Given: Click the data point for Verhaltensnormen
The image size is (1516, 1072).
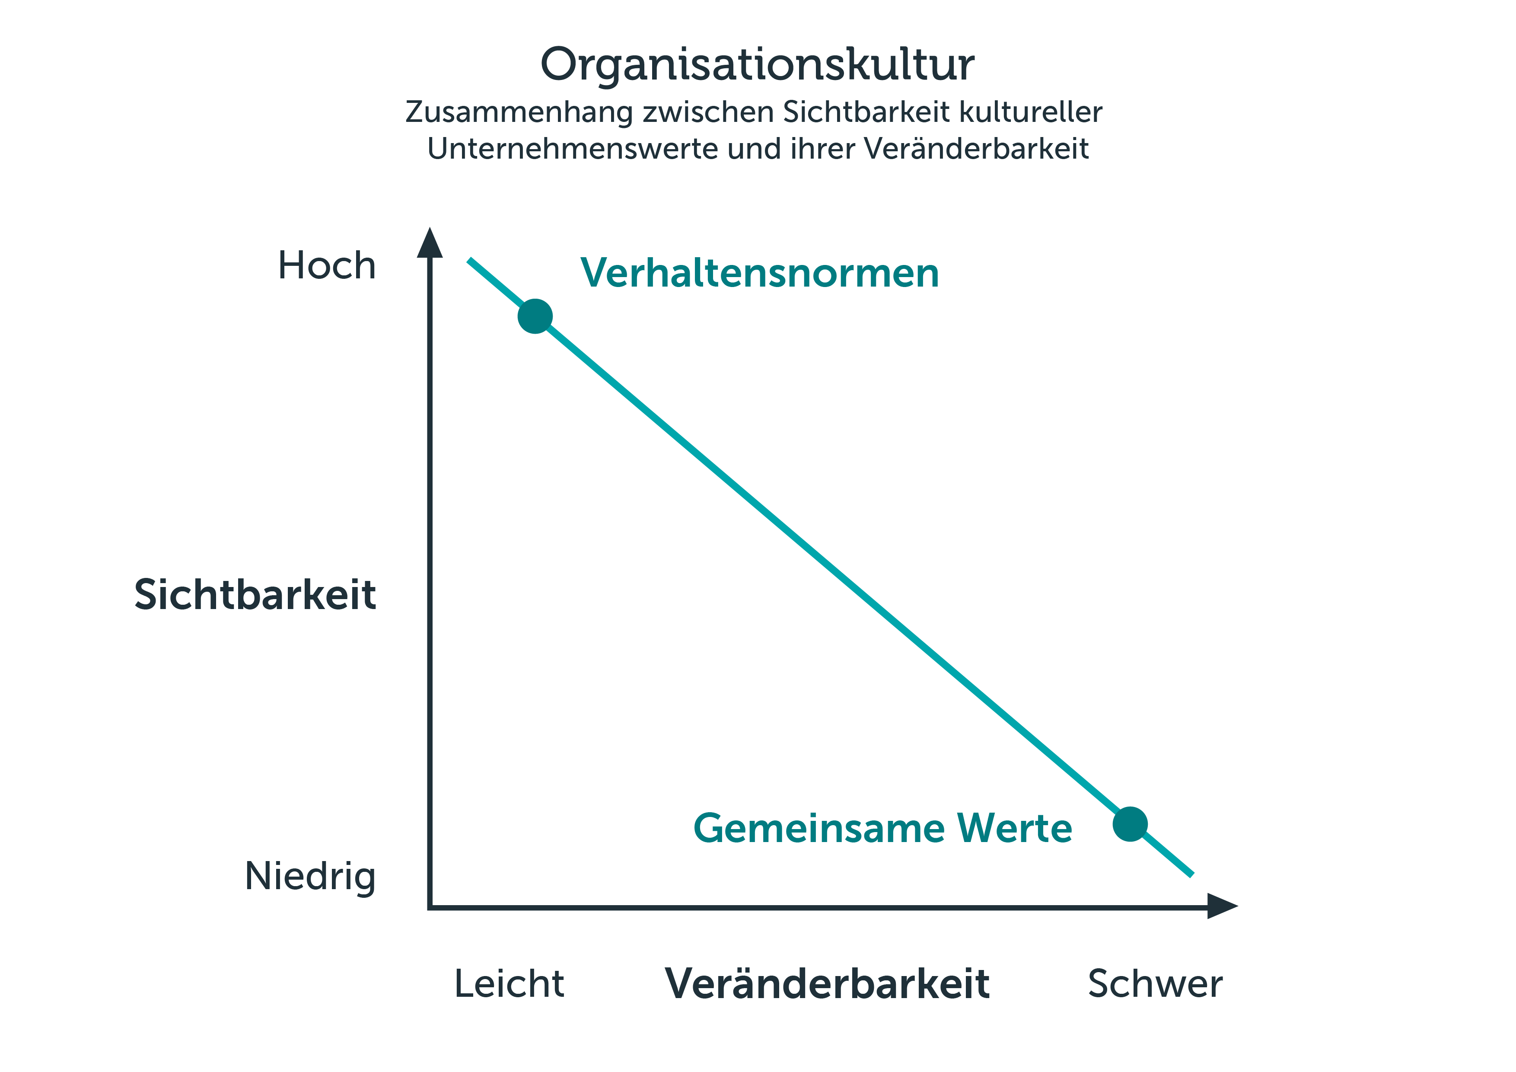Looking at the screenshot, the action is click(535, 316).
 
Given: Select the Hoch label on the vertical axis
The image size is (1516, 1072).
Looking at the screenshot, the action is click(327, 265).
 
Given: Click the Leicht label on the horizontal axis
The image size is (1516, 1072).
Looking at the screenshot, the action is click(509, 983).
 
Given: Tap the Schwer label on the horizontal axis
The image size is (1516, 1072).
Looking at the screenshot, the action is click(1155, 983).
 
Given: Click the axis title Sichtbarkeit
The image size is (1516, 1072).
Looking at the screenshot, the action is click(255, 594).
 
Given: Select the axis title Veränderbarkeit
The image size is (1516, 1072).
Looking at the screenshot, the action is click(827, 983).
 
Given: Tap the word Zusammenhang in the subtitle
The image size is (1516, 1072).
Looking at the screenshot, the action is click(519, 113).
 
